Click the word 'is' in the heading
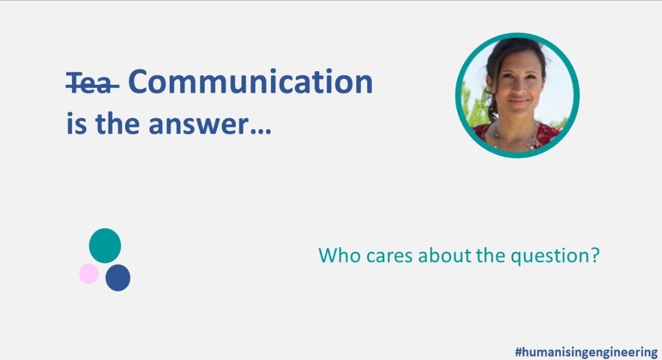[76, 124]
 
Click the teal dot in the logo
[105, 246]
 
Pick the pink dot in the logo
[89, 273]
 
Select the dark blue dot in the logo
[118, 277]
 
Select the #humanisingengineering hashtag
[586, 352]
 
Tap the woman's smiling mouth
[519, 102]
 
